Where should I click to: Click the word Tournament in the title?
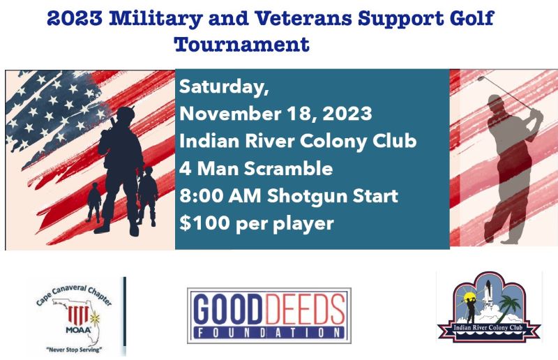pos(241,44)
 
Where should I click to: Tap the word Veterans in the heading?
pos(303,18)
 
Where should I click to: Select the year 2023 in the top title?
pos(75,18)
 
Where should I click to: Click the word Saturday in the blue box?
pos(224,87)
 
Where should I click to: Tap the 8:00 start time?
pos(201,195)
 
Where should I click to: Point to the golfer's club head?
pos(481,78)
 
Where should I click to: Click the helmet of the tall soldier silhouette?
pos(126,114)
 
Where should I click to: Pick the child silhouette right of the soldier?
pos(149,196)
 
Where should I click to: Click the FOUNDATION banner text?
pos(269,333)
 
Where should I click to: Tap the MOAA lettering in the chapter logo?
pos(78,330)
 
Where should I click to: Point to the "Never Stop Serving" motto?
pos(74,350)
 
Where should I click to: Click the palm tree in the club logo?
pos(510,308)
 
